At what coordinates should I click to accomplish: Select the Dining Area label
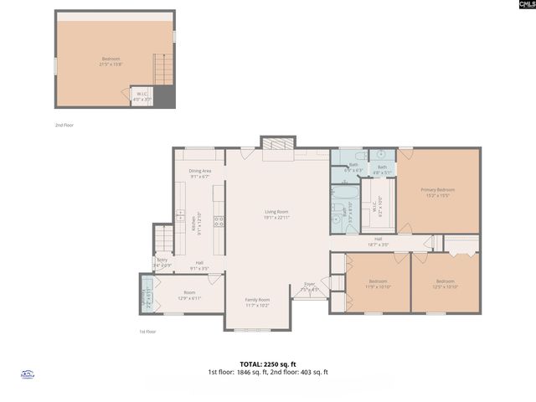pos(199,173)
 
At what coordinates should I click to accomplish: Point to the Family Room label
pos(257,301)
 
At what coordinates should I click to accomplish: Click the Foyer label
pos(309,286)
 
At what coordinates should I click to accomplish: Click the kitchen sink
pos(180,216)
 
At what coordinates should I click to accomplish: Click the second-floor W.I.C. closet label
pos(141,96)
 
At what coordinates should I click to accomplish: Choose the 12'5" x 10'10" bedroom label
pos(445,284)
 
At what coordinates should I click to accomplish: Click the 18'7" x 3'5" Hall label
pos(379,242)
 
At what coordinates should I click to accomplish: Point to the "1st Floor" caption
pos(147,332)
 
